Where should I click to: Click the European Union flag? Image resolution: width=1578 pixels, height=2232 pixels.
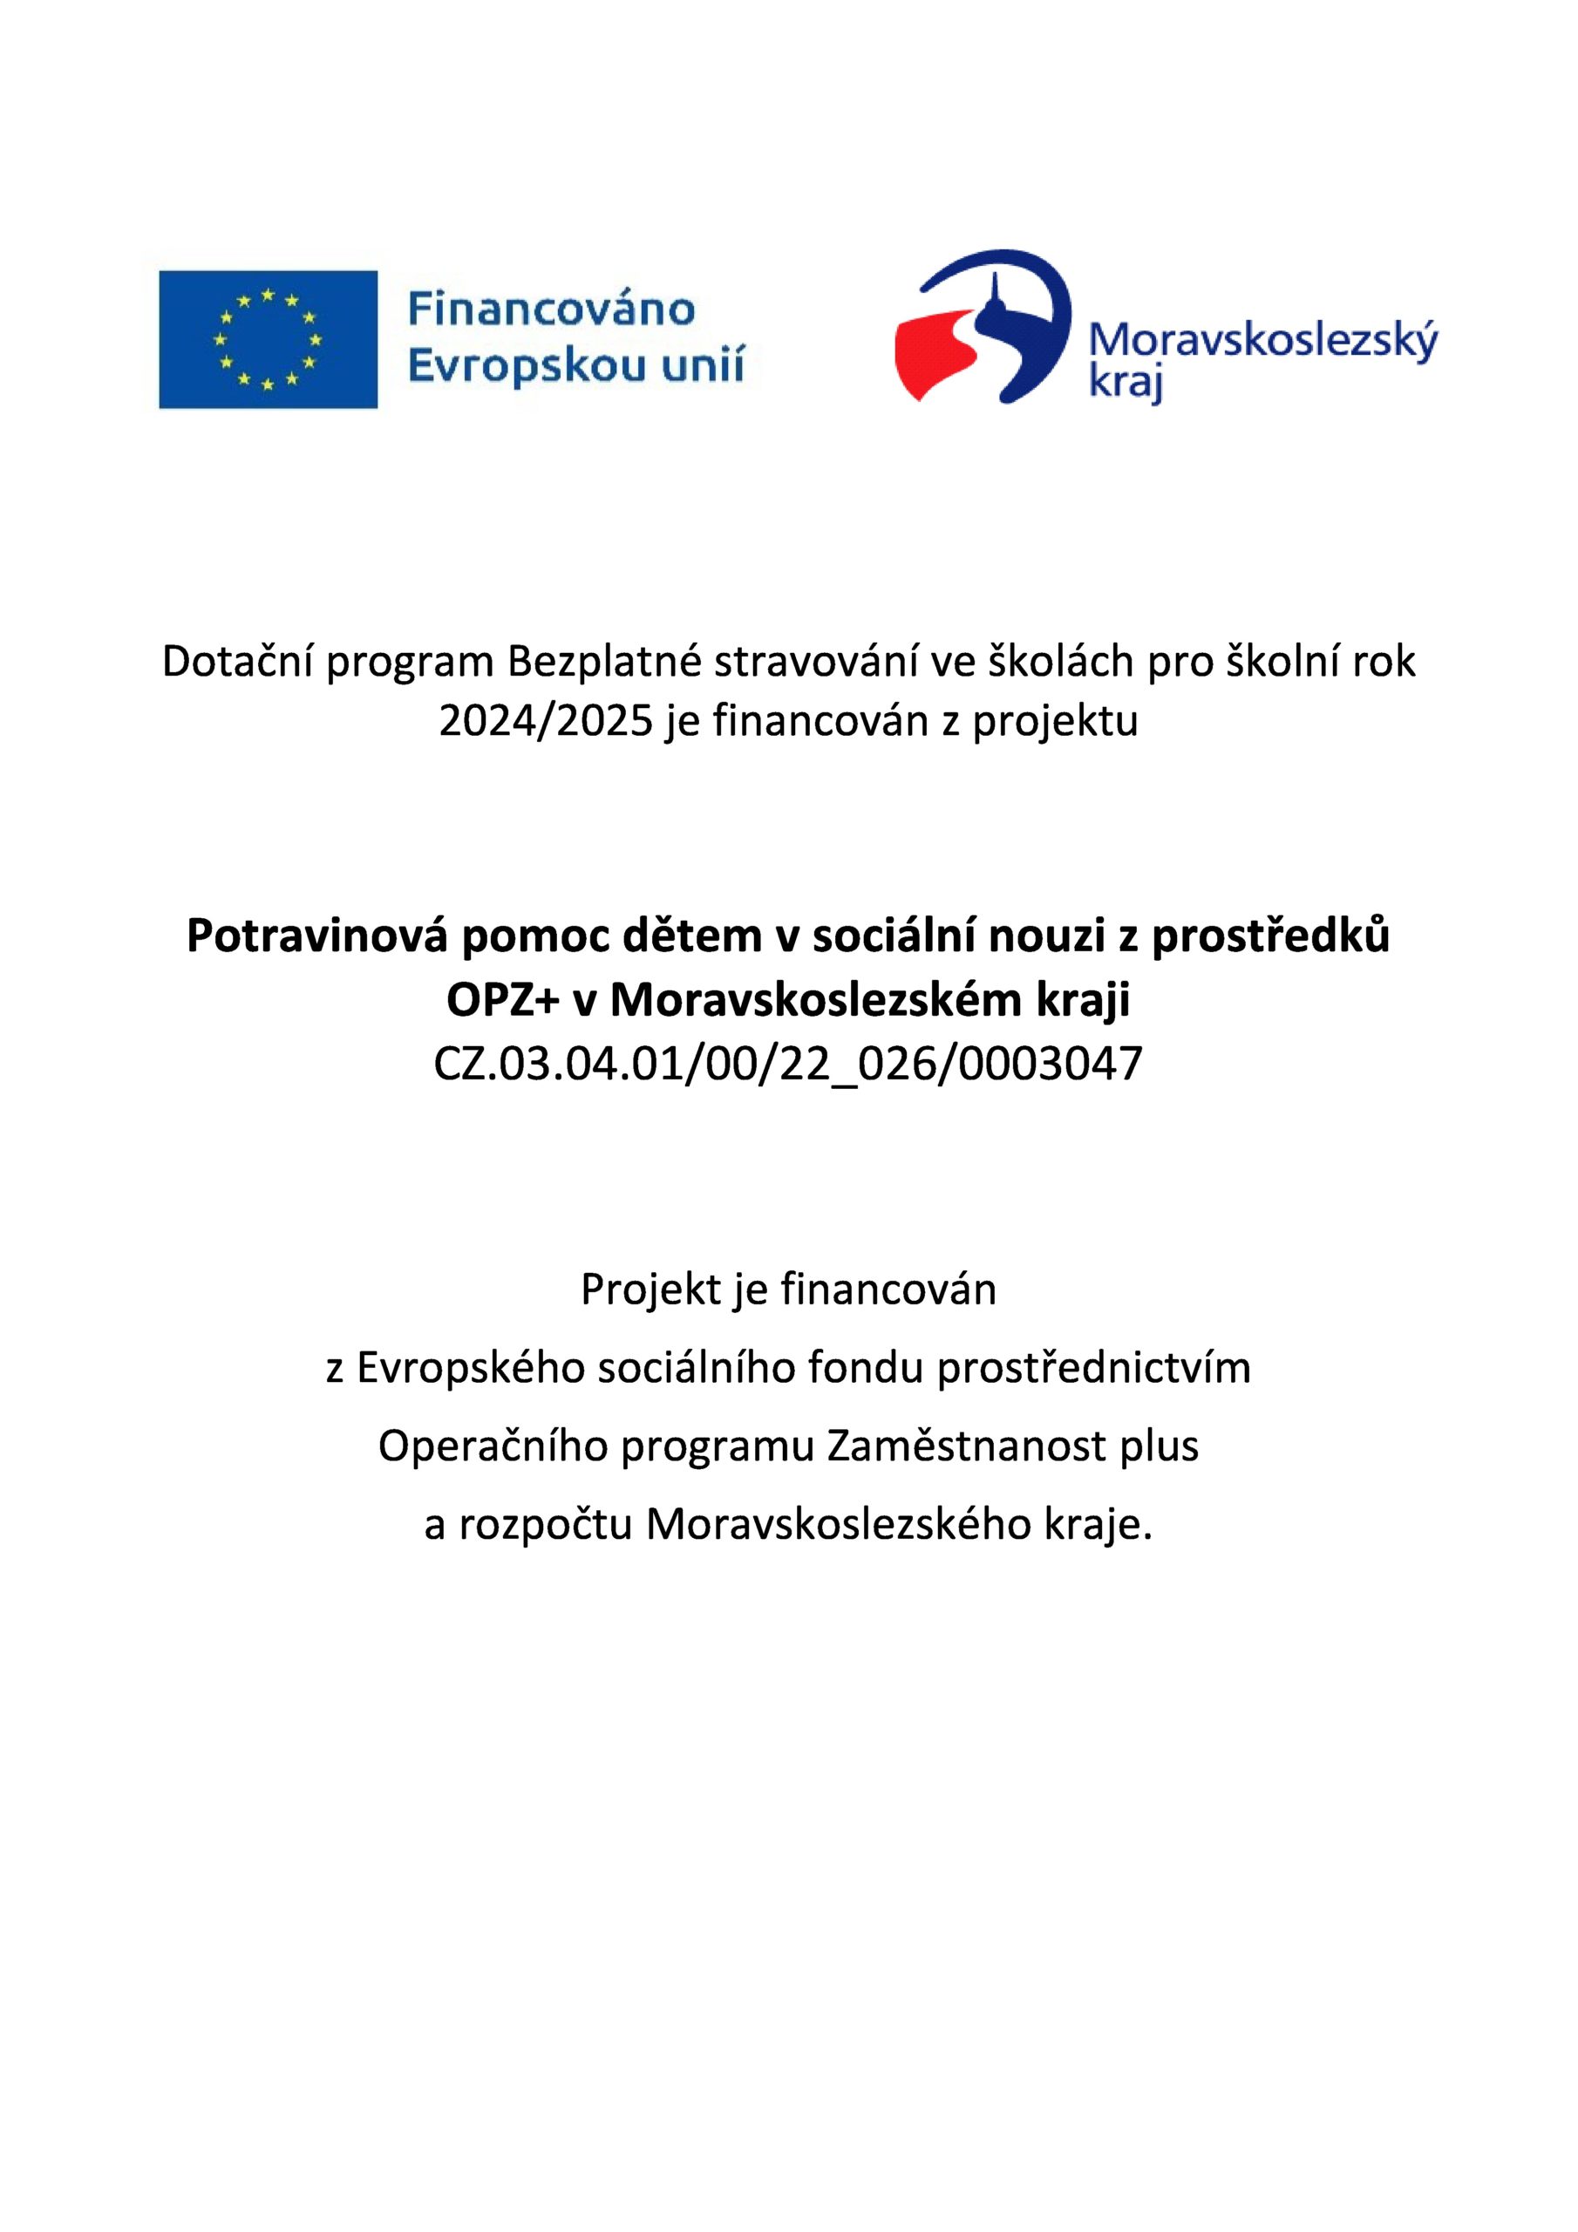[268, 339]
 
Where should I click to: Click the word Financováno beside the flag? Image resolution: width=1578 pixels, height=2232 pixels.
[550, 310]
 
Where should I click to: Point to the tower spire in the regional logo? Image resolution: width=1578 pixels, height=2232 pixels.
[996, 291]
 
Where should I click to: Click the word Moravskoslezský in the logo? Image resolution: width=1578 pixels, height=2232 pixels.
[1262, 341]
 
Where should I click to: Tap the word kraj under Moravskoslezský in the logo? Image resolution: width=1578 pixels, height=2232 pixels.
[1125, 382]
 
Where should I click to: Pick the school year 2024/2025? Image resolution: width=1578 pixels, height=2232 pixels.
[546, 721]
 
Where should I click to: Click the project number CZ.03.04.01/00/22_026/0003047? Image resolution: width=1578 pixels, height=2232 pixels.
[787, 1064]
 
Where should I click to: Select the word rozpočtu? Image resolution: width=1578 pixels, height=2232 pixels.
[546, 1523]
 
